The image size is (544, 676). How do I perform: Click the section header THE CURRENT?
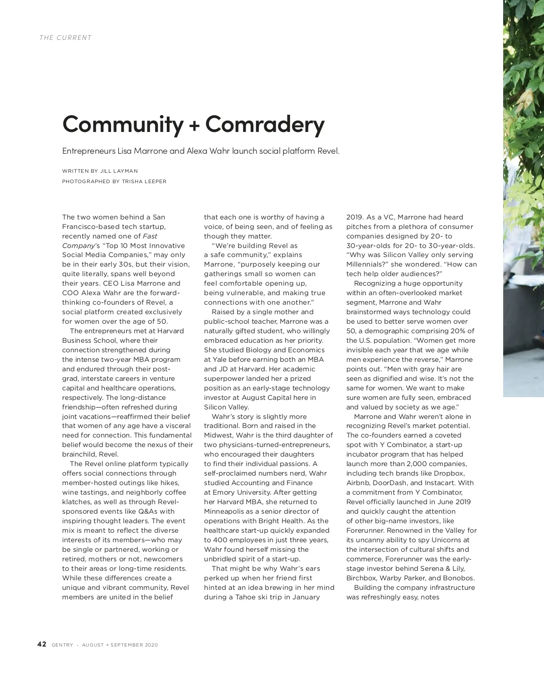(66, 38)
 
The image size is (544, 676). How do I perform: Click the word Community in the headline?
(122, 123)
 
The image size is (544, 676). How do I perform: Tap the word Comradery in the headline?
(265, 123)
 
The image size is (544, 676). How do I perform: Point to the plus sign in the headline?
(194, 125)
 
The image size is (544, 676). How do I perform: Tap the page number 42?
(42, 644)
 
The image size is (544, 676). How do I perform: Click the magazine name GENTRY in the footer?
(62, 645)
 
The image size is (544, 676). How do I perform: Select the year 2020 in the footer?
(151, 645)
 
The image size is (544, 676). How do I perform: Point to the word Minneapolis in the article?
(224, 511)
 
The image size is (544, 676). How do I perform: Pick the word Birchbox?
(361, 578)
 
